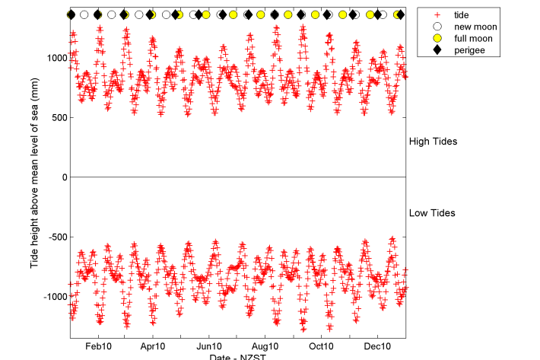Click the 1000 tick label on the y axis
pos(56,58)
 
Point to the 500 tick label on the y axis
pos(58,118)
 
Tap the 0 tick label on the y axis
pos(62,177)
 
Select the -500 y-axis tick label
pos(56,237)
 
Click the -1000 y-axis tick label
pos(54,296)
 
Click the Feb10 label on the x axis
pos(97,346)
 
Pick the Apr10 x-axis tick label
pos(153,346)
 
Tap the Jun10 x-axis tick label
pos(209,346)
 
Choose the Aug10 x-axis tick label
pos(265,346)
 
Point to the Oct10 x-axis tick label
pos(322,346)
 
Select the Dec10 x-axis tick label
pos(378,346)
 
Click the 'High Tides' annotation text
pos(433,142)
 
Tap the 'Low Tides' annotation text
pos(432,213)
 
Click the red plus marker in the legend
pos(435,15)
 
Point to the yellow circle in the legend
pos(435,38)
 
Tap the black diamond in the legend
pos(435,49)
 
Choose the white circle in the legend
pos(435,27)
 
